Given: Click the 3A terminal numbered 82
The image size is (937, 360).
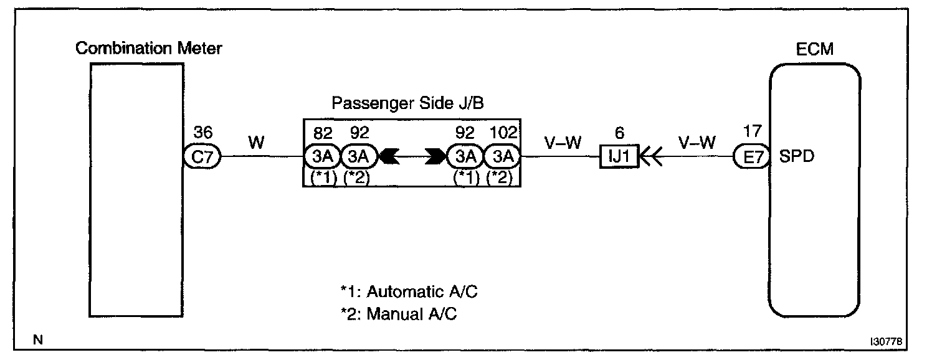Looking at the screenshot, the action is [323, 157].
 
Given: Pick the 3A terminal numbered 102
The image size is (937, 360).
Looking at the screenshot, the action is [502, 157].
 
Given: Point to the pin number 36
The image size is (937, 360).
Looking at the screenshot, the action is [203, 133].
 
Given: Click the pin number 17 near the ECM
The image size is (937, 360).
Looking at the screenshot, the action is [752, 133].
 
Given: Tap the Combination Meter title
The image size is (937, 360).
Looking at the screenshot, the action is [148, 49].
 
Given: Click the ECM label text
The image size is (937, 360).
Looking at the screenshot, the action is [815, 49].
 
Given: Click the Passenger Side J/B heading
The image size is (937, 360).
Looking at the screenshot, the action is [407, 102].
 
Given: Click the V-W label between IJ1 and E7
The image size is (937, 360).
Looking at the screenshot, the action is [696, 143].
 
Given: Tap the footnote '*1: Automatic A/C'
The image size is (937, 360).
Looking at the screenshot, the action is [409, 291].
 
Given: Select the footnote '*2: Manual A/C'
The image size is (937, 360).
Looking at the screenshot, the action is [399, 314].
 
